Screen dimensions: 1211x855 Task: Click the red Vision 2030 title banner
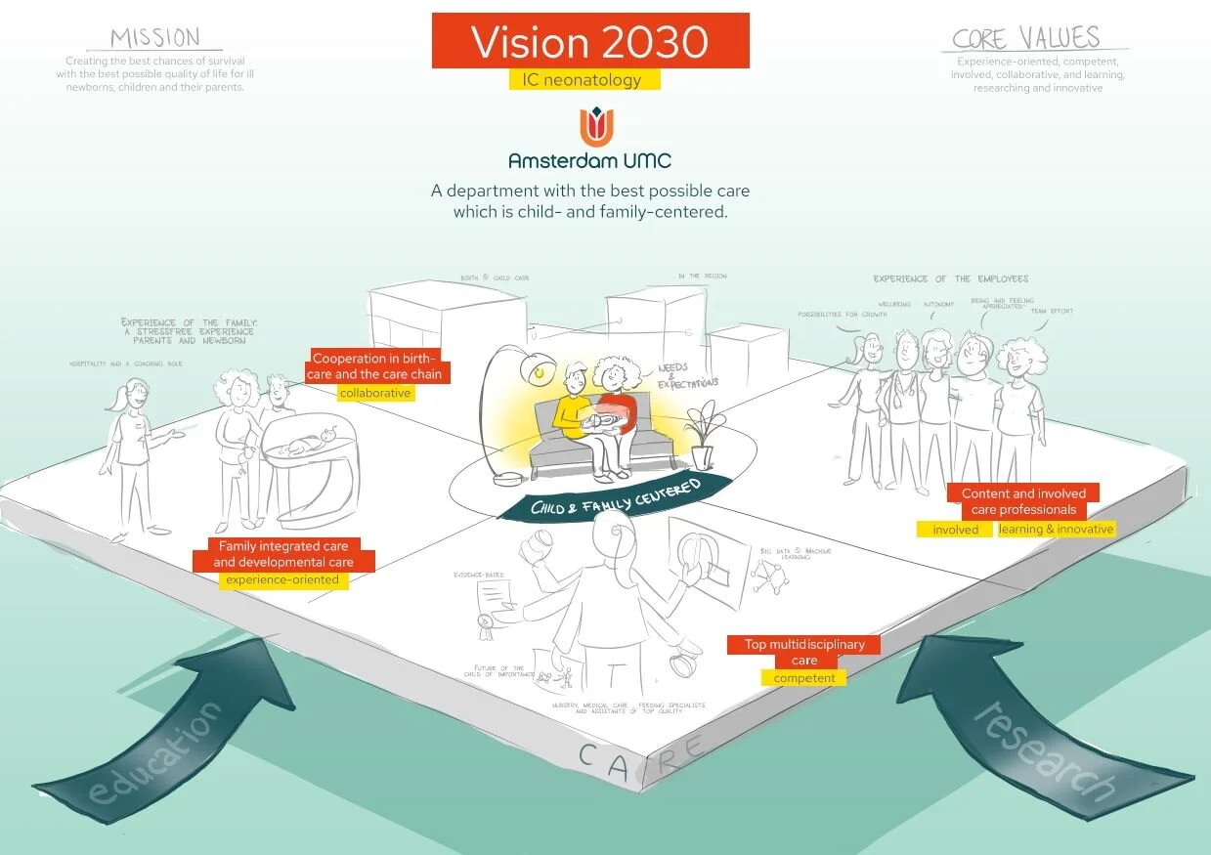pos(590,41)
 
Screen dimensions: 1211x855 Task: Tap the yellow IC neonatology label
pos(584,80)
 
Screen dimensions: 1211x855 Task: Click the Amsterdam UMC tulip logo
pos(589,127)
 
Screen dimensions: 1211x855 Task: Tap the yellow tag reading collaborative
pos(375,393)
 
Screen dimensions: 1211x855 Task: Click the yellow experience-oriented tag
pos(282,579)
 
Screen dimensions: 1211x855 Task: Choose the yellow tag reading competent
pos(803,677)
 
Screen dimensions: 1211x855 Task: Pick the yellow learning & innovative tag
pos(1056,529)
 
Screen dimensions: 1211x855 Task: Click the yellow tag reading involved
pos(955,529)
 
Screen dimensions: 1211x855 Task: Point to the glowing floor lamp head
pos(537,368)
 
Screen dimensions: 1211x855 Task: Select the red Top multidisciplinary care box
pos(803,652)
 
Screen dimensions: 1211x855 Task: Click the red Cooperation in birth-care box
pos(376,366)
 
